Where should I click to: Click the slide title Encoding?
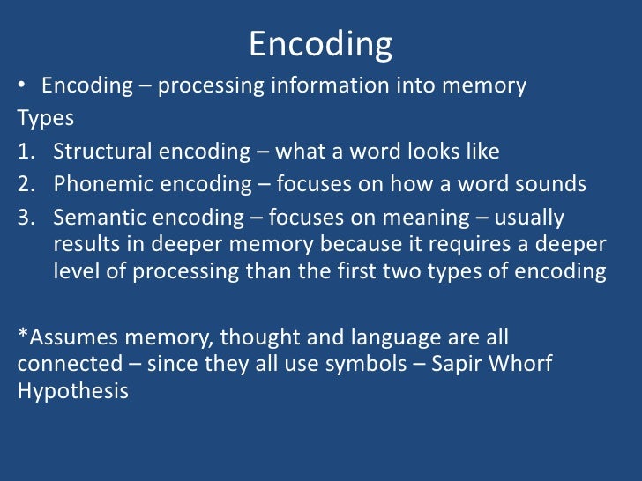pyautogui.click(x=320, y=44)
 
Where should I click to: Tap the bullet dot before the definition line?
pyautogui.click(x=22, y=87)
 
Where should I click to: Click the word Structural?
pyautogui.click(x=103, y=152)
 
